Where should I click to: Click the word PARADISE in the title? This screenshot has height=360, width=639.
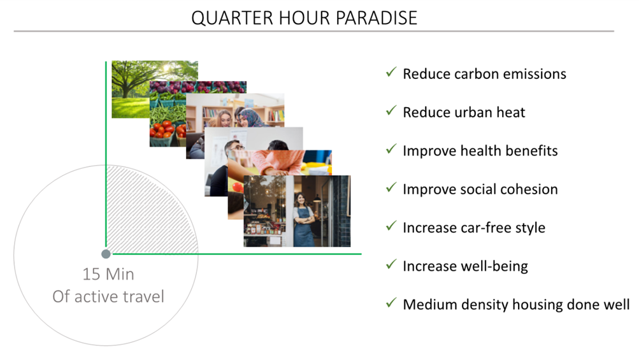pyautogui.click(x=377, y=18)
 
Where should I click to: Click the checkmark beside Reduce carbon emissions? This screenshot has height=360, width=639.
pyautogui.click(x=391, y=72)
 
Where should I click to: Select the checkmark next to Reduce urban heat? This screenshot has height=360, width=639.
pyautogui.click(x=391, y=110)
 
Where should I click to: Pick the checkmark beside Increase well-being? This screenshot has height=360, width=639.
pyautogui.click(x=391, y=264)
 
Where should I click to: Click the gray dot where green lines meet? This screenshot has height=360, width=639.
pyautogui.click(x=106, y=254)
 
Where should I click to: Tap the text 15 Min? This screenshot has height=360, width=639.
pyautogui.click(x=108, y=275)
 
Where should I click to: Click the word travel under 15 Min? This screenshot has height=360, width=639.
pyautogui.click(x=142, y=296)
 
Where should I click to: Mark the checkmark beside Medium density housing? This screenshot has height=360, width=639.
pyautogui.click(x=391, y=303)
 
